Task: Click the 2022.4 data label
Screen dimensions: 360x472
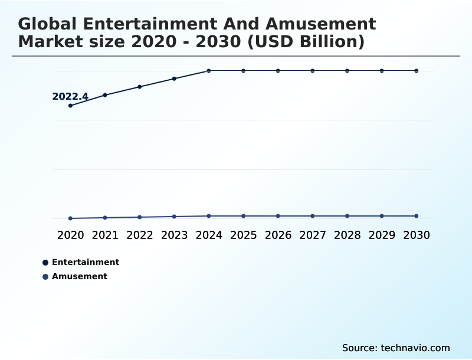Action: (70, 97)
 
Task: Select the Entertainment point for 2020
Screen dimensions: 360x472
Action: (71, 106)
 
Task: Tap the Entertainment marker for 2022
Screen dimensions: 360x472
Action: (140, 87)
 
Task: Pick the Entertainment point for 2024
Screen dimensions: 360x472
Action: (209, 71)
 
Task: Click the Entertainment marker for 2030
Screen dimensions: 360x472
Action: (417, 71)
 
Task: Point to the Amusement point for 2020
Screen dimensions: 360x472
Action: (71, 218)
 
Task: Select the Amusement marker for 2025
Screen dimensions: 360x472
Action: (243, 216)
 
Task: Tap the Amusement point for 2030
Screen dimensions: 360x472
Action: (417, 216)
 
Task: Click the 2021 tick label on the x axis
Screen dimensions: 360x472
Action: (105, 235)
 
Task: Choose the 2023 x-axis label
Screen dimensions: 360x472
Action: (174, 235)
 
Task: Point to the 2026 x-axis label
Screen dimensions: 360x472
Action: (278, 235)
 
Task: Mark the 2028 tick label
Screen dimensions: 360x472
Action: (347, 235)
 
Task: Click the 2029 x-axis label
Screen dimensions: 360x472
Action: (382, 235)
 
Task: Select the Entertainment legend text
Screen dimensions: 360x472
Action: (86, 262)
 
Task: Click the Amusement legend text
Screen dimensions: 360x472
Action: (80, 276)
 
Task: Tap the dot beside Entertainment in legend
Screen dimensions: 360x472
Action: (45, 263)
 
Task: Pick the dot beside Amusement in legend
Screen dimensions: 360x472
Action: (45, 277)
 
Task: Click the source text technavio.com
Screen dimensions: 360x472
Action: (415, 348)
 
